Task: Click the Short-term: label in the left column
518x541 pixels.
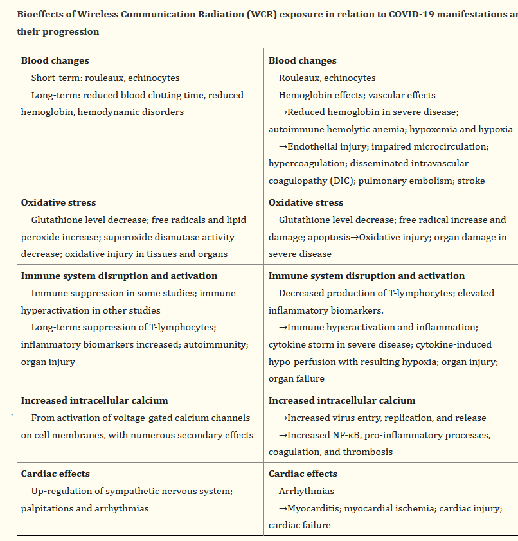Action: tap(54, 78)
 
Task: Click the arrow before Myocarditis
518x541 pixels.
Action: tap(283, 508)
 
